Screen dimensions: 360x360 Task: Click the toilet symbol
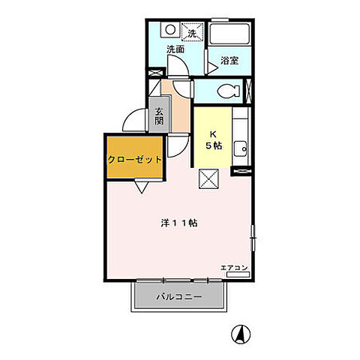pos(229,91)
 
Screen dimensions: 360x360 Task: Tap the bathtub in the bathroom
pos(229,34)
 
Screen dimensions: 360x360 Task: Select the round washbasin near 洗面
pos(170,30)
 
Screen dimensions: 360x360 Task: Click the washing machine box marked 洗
pos(192,31)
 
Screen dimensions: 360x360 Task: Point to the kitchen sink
pos(241,149)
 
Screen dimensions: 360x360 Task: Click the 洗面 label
pos(175,49)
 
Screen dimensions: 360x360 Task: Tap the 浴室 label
pos(229,61)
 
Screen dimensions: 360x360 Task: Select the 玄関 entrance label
pos(159,116)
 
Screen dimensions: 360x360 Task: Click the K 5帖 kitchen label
pos(213,140)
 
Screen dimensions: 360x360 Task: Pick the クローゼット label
pos(134,159)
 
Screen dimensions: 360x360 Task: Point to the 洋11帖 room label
pos(179,223)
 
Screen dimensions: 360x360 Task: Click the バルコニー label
pos(179,297)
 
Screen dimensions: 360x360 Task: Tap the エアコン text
pos(234,268)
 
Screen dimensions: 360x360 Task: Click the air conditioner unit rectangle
pos(238,274)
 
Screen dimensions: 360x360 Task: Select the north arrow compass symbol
pos(241,334)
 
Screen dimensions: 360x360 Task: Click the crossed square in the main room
pos(208,178)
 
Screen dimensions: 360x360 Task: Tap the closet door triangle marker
pos(142,187)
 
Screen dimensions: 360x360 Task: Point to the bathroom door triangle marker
pos(212,67)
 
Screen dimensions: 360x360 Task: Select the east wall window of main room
pos(253,238)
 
